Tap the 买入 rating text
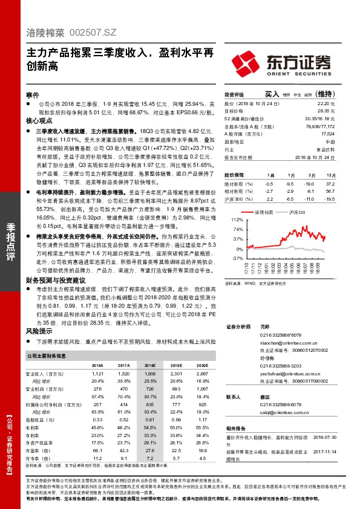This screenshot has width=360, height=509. point(272,94)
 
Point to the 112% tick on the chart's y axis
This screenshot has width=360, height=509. point(237,219)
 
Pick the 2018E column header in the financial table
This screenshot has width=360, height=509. point(149,366)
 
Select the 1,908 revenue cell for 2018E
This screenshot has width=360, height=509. point(150,374)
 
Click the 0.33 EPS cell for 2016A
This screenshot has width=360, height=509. point(97,419)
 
